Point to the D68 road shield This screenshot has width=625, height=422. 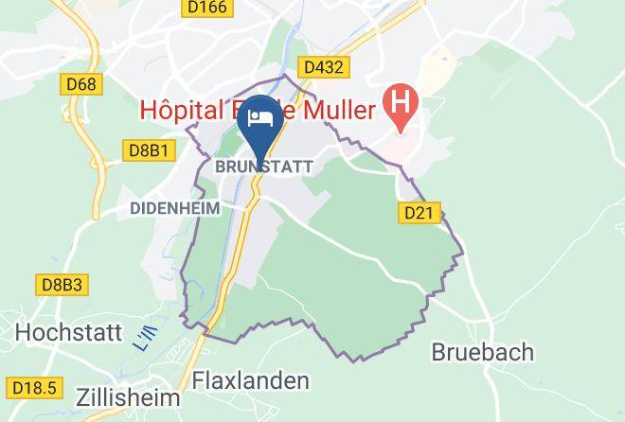coord(81,85)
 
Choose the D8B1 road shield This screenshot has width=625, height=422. coord(147,149)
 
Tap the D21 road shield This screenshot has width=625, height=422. coord(417,214)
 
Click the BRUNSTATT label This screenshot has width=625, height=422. coord(264,166)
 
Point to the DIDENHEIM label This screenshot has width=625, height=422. coord(175,208)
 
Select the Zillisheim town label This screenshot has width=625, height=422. coord(118,390)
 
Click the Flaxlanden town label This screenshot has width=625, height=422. coord(251,381)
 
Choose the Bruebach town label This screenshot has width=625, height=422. coord(483,352)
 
